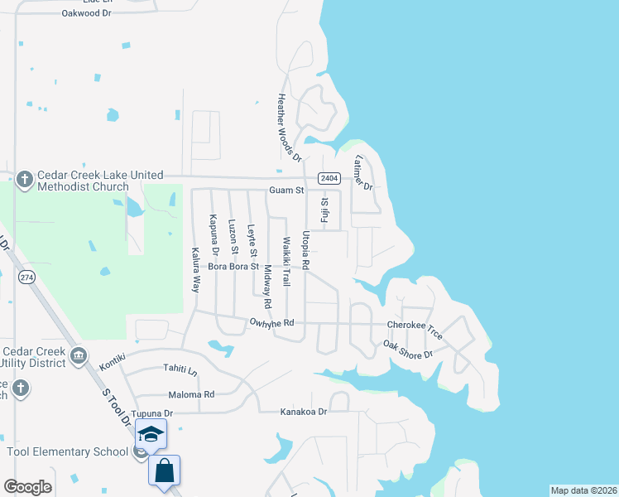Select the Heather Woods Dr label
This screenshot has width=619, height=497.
pyautogui.click(x=286, y=126)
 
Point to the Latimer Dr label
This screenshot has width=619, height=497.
pyautogui.click(x=364, y=172)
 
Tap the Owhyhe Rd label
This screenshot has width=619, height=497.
pyautogui.click(x=271, y=322)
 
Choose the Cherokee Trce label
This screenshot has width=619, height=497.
pyautogui.click(x=415, y=330)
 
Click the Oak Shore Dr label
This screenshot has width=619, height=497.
pyautogui.click(x=408, y=349)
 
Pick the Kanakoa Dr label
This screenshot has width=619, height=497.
pyautogui.click(x=304, y=411)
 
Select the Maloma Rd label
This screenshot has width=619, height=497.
pyautogui.click(x=191, y=394)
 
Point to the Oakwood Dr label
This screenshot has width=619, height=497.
pyautogui.click(x=86, y=13)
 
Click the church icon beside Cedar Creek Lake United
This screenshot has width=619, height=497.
pyautogui.click(x=24, y=178)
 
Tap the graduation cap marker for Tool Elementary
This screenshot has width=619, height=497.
pyautogui.click(x=151, y=434)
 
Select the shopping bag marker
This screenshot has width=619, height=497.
pyautogui.click(x=165, y=470)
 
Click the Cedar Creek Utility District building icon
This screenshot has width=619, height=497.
pyautogui.click(x=78, y=356)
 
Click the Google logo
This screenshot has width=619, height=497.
pyautogui.click(x=27, y=487)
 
